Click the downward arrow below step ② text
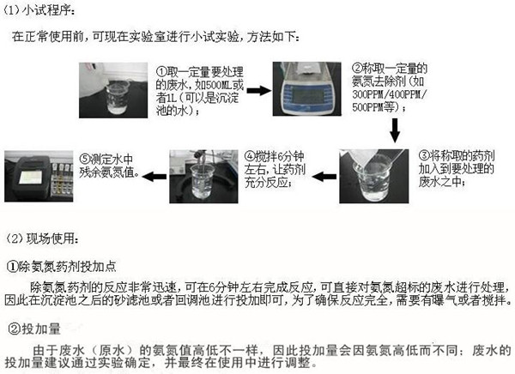coord(396,126)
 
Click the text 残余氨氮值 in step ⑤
coord(104,171)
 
